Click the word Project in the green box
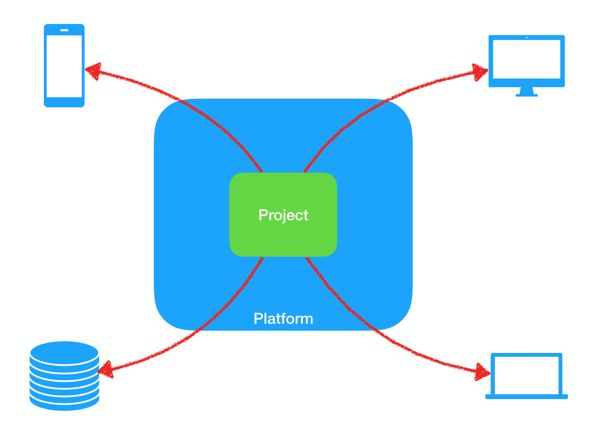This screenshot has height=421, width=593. [283, 215]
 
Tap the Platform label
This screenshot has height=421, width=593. [283, 319]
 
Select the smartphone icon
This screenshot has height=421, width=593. [64, 66]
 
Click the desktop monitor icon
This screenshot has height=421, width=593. [527, 65]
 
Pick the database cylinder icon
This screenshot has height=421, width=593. [64, 376]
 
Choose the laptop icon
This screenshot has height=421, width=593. [527, 376]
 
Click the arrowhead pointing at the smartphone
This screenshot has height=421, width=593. [93, 71]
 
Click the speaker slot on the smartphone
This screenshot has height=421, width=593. [64, 30]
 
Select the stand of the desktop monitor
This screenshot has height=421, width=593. [527, 92]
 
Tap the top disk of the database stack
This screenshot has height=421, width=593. [64, 352]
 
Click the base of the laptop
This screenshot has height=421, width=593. [527, 397]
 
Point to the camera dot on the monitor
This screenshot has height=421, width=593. [527, 37]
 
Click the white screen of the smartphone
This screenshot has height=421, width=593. [64, 66]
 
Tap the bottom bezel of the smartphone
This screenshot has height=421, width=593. [64, 102]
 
